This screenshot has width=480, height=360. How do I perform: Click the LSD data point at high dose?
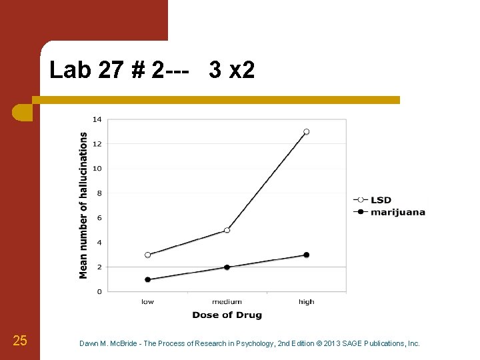[307, 132]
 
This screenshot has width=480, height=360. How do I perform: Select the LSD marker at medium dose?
[227, 230]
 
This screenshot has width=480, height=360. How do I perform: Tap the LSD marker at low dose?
[147, 255]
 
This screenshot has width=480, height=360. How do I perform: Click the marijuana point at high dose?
[307, 255]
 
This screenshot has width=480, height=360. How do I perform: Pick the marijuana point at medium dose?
[227, 267]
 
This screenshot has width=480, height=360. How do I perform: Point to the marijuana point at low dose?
[147, 279]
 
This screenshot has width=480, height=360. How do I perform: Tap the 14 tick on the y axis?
[97, 119]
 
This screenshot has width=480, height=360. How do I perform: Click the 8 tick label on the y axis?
[99, 193]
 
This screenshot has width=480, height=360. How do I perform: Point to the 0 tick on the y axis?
[99, 291]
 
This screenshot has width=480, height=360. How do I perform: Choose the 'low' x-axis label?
[147, 302]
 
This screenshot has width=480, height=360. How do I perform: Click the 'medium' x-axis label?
[227, 302]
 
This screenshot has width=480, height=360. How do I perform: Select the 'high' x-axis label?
[307, 302]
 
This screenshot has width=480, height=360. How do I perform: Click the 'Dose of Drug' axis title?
[227, 315]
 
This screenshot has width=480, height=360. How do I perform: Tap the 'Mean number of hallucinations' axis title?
[83, 205]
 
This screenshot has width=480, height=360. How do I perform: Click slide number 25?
[20, 341]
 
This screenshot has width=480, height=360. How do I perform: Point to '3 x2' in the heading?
[231, 70]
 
